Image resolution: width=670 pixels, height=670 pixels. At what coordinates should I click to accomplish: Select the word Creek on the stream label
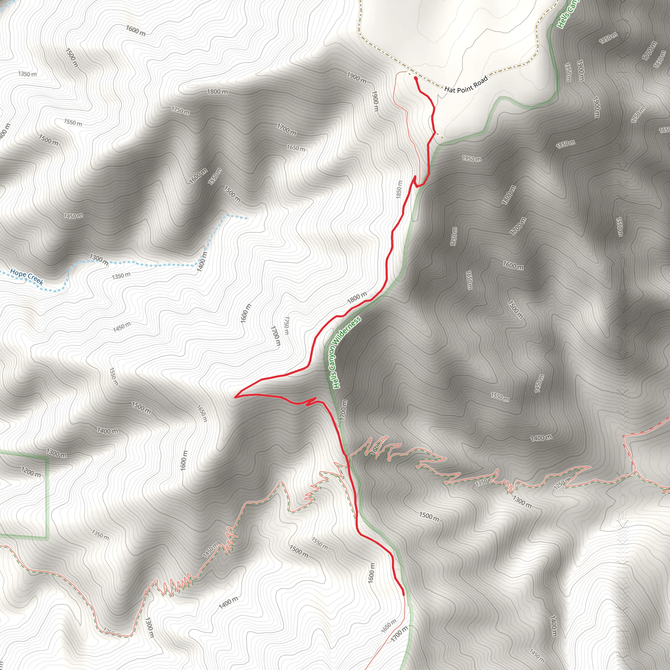[x=35, y=279]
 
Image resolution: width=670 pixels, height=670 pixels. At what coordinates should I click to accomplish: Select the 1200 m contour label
[x=31, y=472]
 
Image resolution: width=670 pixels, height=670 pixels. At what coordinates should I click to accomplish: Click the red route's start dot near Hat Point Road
[x=415, y=79]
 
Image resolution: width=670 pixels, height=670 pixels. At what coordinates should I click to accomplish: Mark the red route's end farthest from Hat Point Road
[x=403, y=594]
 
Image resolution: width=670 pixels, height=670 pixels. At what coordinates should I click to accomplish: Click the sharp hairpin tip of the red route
[x=236, y=397]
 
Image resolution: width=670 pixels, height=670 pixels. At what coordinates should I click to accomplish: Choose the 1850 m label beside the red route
[x=399, y=189]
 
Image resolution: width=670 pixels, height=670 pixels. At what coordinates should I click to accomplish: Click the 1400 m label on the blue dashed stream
[x=202, y=262]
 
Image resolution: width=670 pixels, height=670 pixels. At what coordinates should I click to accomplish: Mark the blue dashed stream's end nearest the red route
[x=246, y=219]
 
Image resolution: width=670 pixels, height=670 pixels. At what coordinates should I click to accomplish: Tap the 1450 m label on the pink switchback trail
[x=210, y=550]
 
